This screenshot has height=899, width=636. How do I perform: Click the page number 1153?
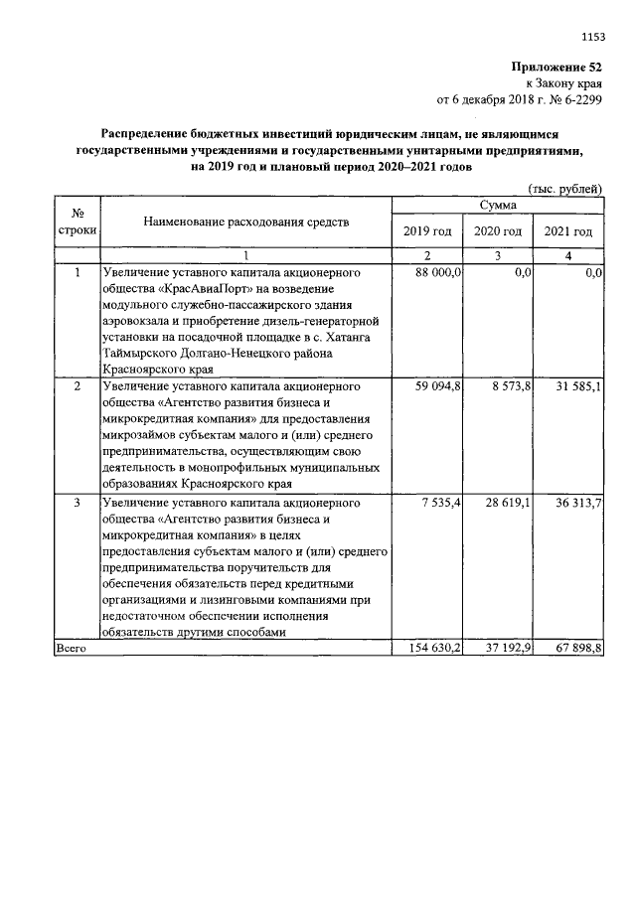pyautogui.click(x=592, y=38)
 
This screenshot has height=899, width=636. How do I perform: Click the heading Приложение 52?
pyautogui.click(x=557, y=67)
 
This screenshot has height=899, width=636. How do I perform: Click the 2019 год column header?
pyautogui.click(x=427, y=230)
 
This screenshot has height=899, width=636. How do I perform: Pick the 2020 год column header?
pyautogui.click(x=498, y=230)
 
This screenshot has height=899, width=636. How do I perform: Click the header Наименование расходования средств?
pyautogui.click(x=246, y=222)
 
